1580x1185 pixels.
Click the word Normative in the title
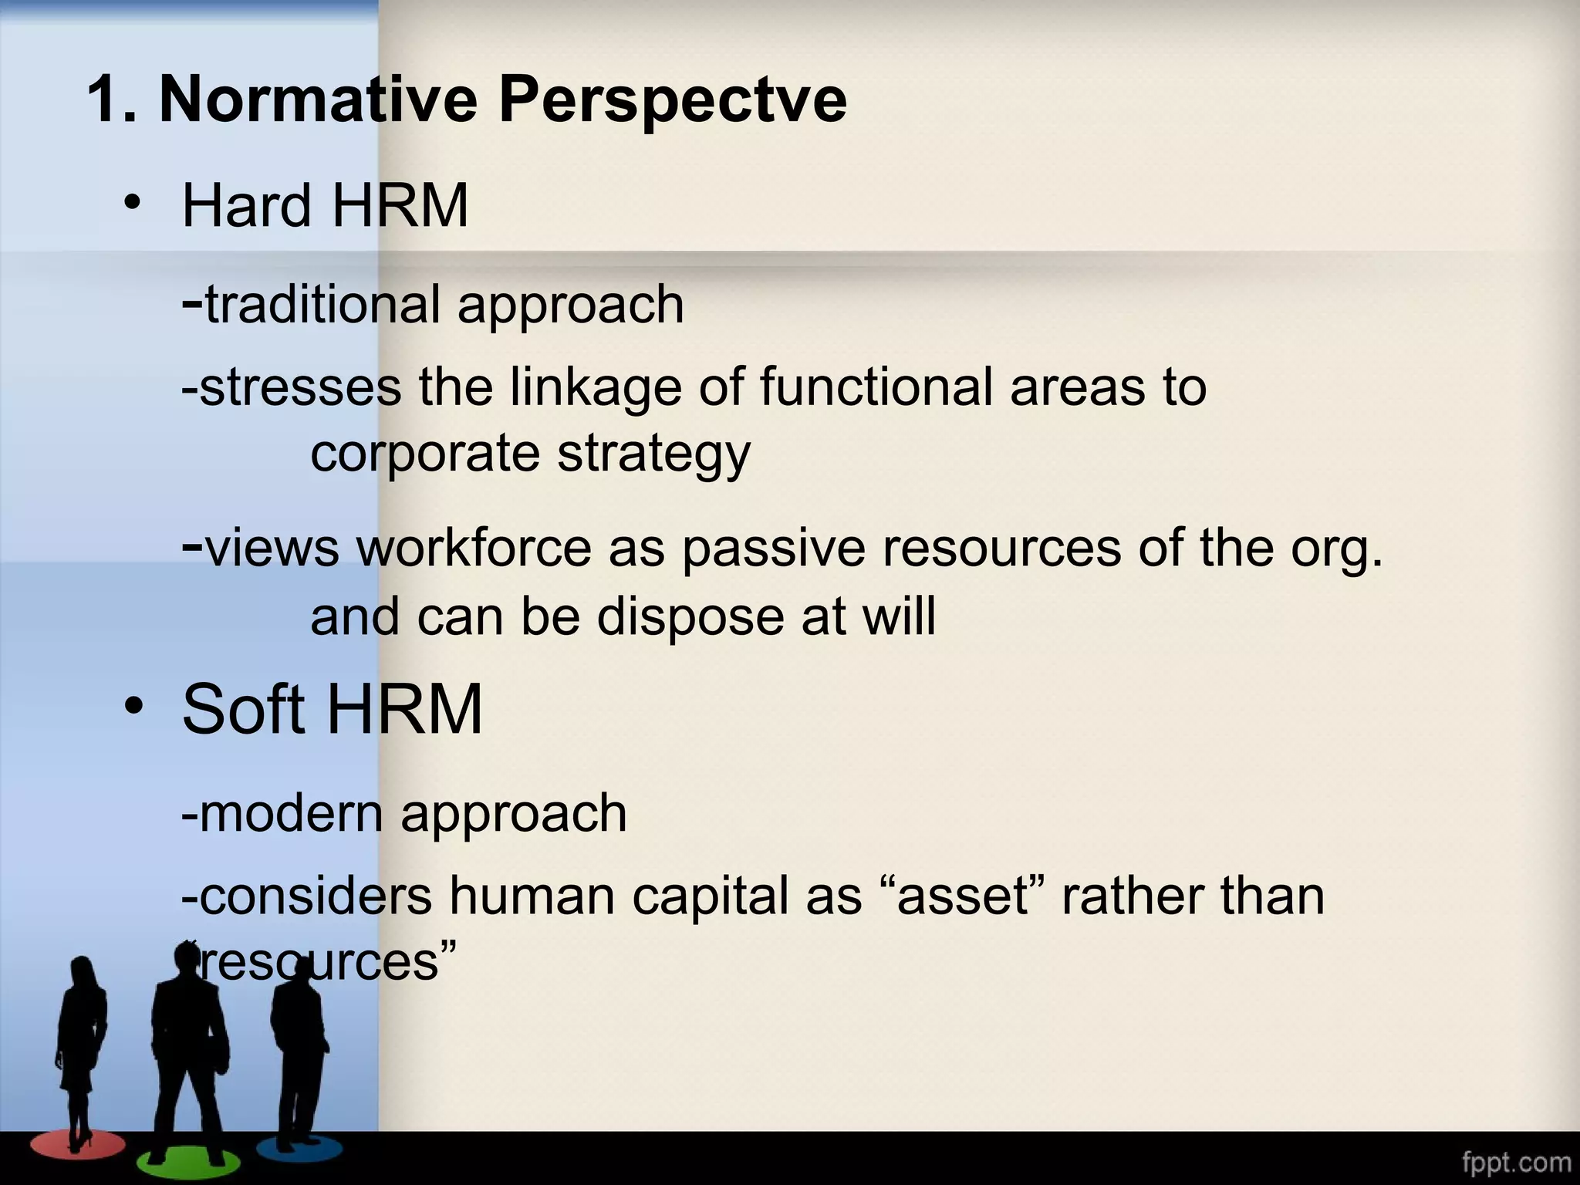(x=318, y=99)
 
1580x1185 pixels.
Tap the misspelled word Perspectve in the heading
(x=673, y=100)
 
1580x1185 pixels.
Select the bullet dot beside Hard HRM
(x=132, y=202)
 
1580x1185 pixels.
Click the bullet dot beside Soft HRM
(x=132, y=706)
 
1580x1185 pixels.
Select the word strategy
(x=653, y=454)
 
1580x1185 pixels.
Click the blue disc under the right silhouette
(x=299, y=1148)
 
